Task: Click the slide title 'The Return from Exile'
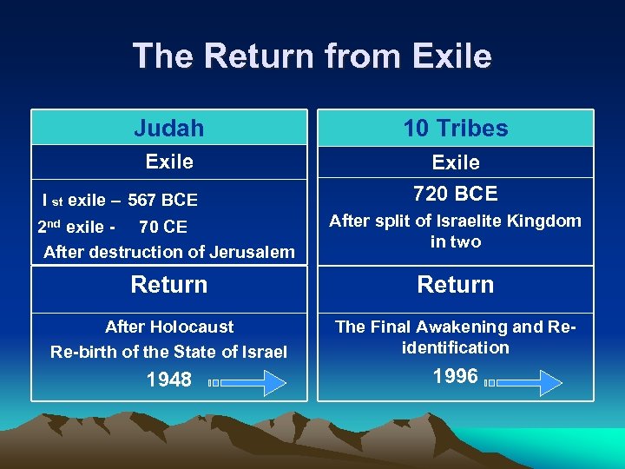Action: click(x=312, y=56)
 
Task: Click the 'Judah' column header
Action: click(x=169, y=129)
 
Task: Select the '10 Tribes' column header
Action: click(x=456, y=129)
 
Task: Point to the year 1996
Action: click(x=455, y=376)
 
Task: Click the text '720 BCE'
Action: click(x=456, y=193)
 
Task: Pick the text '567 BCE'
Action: click(x=162, y=200)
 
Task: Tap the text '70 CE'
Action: click(x=163, y=228)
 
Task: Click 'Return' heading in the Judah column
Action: click(x=169, y=285)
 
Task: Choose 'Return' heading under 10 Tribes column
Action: click(x=456, y=285)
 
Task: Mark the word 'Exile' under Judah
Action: click(x=169, y=162)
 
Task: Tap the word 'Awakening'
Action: click(x=467, y=327)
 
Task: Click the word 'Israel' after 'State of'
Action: click(x=263, y=352)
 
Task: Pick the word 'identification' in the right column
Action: click(x=456, y=347)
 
